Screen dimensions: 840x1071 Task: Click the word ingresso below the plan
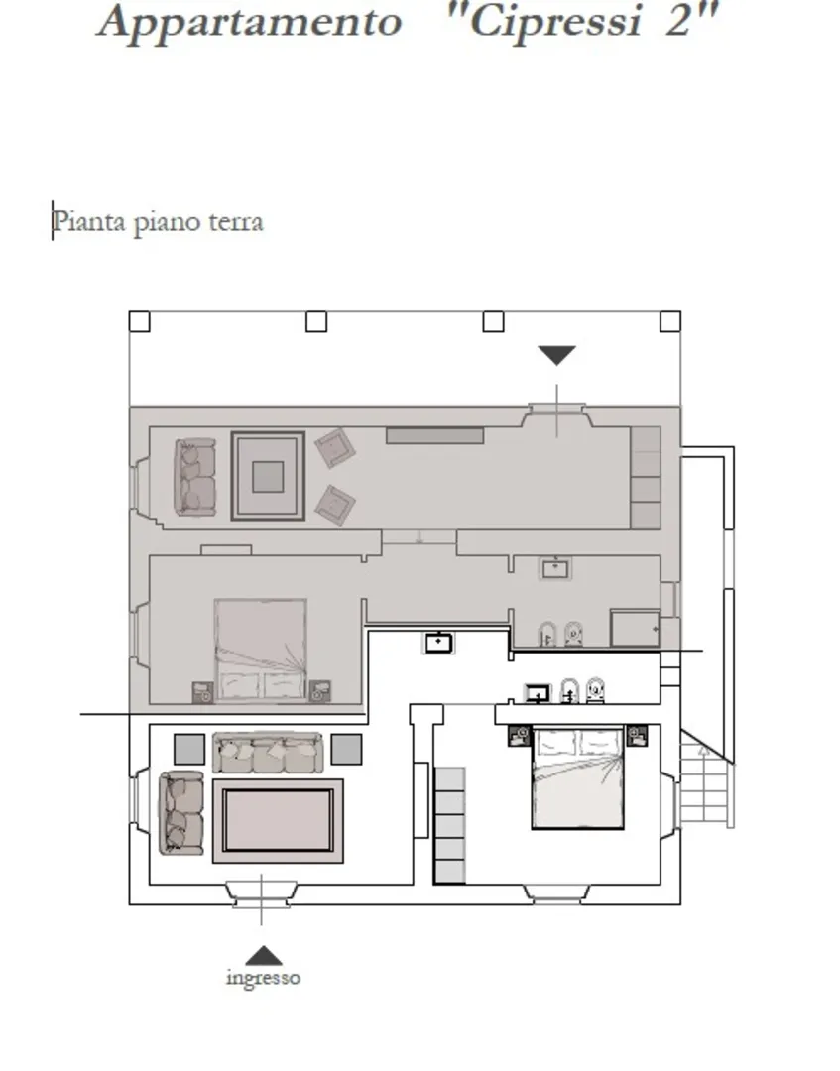[263, 978]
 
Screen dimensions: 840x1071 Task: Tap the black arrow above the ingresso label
[264, 956]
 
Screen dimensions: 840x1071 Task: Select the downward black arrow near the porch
[556, 355]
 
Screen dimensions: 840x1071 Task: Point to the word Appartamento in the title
[251, 22]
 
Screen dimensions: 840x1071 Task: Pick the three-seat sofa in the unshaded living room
[267, 752]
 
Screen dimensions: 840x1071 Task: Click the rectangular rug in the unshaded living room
[278, 820]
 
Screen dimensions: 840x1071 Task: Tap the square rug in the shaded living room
[268, 476]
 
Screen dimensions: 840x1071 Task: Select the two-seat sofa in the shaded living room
[195, 477]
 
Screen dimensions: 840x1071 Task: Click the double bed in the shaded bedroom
[260, 650]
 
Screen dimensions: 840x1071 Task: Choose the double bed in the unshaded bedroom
[578, 777]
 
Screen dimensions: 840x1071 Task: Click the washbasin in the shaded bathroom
[555, 568]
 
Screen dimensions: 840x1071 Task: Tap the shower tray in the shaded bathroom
[635, 628]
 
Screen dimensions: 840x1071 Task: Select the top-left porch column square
[139, 321]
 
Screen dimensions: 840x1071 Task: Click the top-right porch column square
[670, 321]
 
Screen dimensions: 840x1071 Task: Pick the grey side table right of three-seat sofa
[346, 750]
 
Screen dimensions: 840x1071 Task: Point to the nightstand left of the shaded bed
[203, 692]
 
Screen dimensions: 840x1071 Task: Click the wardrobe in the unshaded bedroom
[449, 825]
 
